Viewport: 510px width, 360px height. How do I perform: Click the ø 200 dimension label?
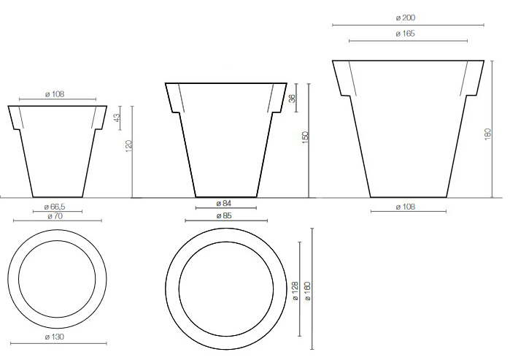click(407, 17)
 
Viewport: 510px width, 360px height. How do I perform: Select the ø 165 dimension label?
click(407, 34)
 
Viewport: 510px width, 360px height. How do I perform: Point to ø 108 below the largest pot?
click(407, 207)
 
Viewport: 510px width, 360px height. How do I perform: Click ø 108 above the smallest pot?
click(55, 93)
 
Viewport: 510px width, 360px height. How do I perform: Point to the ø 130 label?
click(55, 337)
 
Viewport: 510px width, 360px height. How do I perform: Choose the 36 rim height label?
click(293, 99)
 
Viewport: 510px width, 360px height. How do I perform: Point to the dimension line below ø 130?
click(55, 344)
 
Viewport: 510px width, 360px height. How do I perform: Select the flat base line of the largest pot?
click(407, 197)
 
